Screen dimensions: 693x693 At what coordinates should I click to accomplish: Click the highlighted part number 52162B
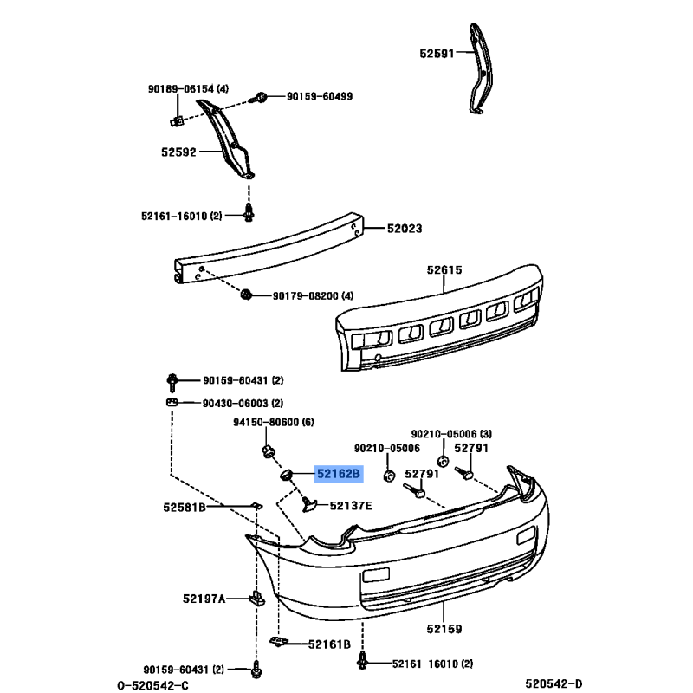(339, 474)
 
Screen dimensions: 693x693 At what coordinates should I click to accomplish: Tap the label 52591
(437, 54)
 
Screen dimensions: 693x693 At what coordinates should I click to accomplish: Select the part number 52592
(178, 152)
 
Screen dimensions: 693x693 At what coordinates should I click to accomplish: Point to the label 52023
(405, 229)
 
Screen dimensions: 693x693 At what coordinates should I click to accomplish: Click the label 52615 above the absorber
(444, 269)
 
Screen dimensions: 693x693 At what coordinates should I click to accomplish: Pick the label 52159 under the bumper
(444, 629)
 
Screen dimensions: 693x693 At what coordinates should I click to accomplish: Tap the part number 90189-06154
(181, 89)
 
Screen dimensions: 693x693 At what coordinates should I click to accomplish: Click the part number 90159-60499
(320, 96)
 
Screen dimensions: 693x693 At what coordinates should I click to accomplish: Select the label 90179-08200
(306, 295)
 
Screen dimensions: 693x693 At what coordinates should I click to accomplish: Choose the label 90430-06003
(235, 403)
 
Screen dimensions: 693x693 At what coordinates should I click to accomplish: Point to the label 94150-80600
(266, 422)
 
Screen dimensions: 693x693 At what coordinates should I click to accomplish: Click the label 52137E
(351, 506)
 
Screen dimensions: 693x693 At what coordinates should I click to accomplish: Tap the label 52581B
(185, 507)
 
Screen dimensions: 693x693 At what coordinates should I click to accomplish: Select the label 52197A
(204, 599)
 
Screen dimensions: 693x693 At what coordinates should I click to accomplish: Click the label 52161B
(329, 644)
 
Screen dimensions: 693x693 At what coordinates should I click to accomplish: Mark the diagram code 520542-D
(554, 683)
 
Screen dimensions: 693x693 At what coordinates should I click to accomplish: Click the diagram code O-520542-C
(152, 685)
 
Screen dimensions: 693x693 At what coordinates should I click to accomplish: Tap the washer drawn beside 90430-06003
(172, 402)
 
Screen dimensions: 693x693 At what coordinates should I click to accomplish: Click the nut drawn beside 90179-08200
(246, 294)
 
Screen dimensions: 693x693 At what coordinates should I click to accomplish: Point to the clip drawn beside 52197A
(256, 598)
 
